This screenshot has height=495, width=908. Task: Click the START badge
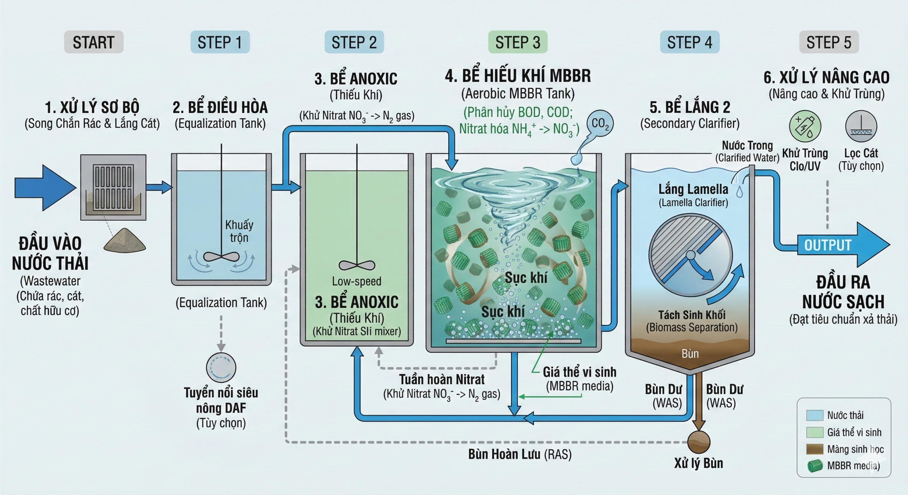pyautogui.click(x=94, y=42)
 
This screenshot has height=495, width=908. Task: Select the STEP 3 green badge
pyautogui.click(x=517, y=42)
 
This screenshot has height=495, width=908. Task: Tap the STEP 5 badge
pyautogui.click(x=829, y=42)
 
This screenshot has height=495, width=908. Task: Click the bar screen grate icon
pyautogui.click(x=113, y=187)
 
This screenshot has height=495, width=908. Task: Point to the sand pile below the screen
pyautogui.click(x=124, y=241)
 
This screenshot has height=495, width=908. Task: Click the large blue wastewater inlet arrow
pyautogui.click(x=44, y=188)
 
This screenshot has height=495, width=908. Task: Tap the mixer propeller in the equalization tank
pyautogui.click(x=221, y=256)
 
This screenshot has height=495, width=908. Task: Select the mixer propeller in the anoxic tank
pyautogui.click(x=357, y=265)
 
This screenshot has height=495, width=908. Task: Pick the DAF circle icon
pyautogui.click(x=221, y=368)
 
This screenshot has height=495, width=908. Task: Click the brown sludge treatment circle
pyautogui.click(x=699, y=442)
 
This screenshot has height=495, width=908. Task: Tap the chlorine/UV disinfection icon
pyautogui.click(x=805, y=126)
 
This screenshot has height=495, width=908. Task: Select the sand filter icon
pyautogui.click(x=861, y=126)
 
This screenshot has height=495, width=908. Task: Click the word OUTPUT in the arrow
pyautogui.click(x=827, y=245)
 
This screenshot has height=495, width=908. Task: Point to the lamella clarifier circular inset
pyautogui.click(x=691, y=255)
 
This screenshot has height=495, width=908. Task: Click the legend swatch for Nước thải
pyautogui.click(x=815, y=415)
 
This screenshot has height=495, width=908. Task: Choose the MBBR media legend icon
pyautogui.click(x=815, y=466)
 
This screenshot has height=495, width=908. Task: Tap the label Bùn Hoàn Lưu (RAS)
pyautogui.click(x=520, y=454)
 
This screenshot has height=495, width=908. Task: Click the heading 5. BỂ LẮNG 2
pyautogui.click(x=690, y=107)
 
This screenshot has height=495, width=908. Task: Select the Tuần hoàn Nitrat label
pyautogui.click(x=442, y=379)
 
